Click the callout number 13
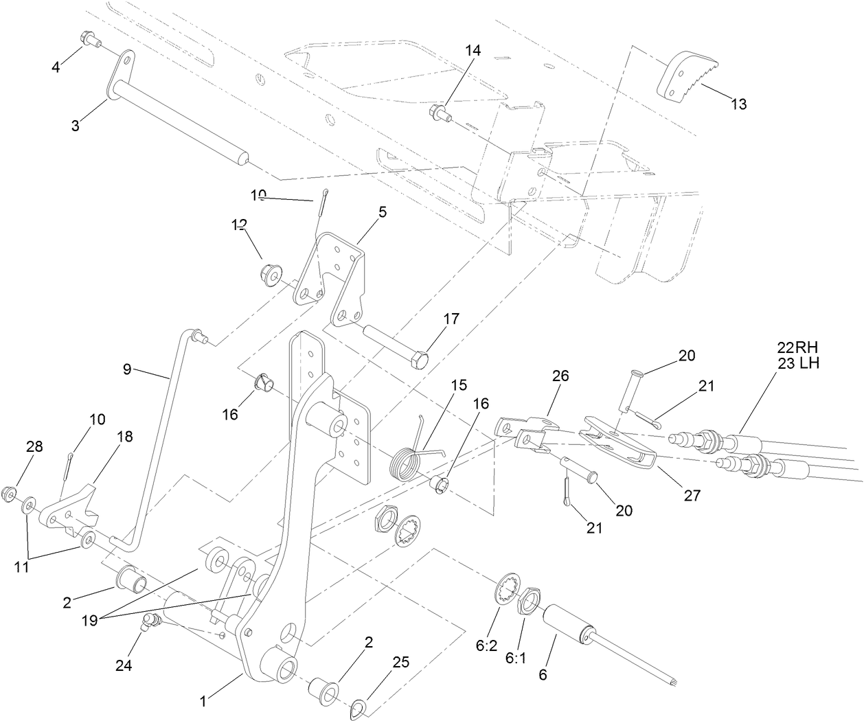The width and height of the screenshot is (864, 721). tap(738, 104)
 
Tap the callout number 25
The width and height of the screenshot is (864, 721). tap(401, 662)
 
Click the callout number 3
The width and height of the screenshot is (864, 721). tap(76, 126)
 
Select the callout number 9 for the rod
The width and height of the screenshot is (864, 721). tap(126, 368)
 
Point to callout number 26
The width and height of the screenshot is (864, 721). tap(561, 376)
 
